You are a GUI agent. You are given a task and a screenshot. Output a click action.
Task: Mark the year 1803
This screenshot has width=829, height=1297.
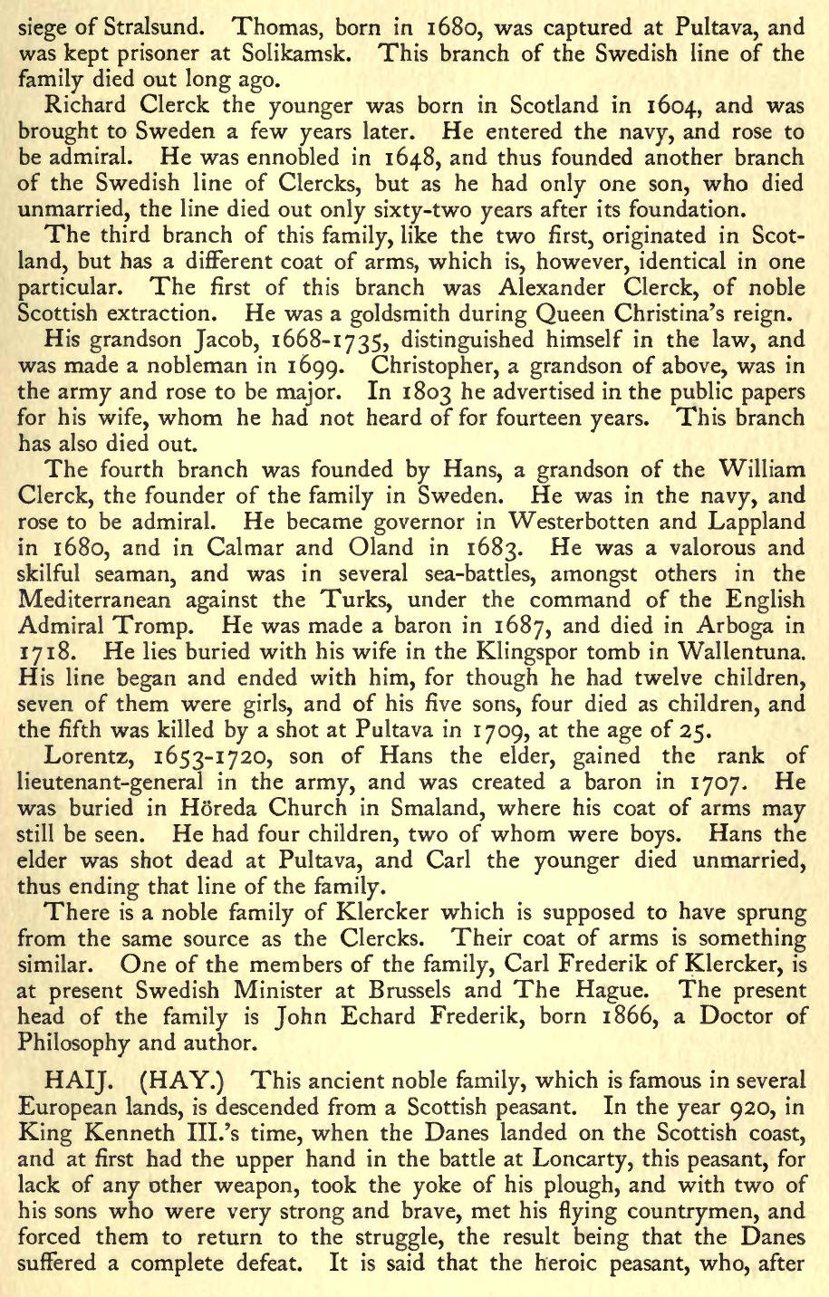click(426, 393)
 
